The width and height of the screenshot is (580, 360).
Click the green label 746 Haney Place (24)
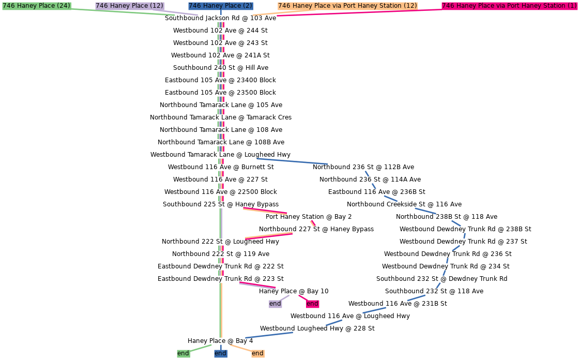[36, 6]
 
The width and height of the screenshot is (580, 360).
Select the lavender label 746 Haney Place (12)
[129, 6]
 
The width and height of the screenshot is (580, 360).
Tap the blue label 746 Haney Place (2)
[220, 6]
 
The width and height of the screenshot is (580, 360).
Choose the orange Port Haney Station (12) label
[347, 6]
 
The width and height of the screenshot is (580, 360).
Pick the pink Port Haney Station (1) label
[509, 6]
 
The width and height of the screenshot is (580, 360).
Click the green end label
[183, 353]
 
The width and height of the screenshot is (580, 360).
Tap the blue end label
[220, 353]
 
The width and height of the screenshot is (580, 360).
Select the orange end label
[257, 353]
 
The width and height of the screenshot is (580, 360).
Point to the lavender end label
[275, 304]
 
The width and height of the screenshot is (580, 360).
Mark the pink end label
[312, 304]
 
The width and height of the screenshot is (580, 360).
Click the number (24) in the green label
[64, 6]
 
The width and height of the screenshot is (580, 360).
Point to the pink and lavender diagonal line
[257, 286]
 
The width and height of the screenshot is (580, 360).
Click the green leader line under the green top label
[124, 12]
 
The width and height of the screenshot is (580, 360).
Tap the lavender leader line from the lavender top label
[181, 13]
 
